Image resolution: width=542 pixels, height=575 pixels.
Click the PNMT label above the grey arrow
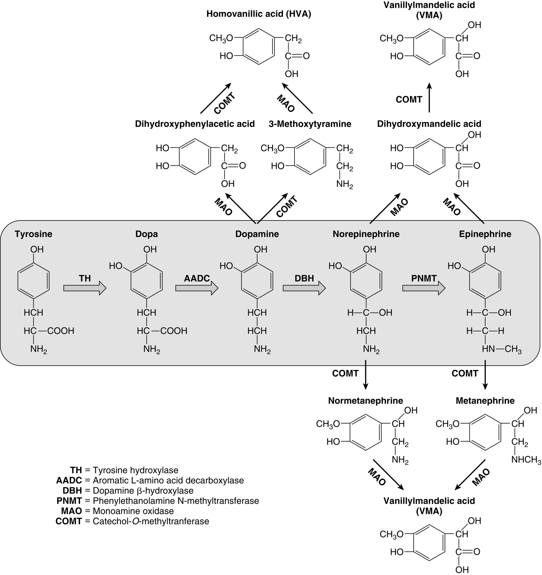click(x=424, y=278)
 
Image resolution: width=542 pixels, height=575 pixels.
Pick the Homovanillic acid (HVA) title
click(x=259, y=14)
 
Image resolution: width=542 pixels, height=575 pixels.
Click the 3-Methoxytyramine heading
click(x=310, y=124)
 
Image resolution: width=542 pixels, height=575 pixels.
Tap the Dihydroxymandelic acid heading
click(x=429, y=124)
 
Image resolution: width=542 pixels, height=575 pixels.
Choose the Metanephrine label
click(x=485, y=401)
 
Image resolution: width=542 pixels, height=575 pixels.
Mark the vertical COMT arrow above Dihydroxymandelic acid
click(x=429, y=98)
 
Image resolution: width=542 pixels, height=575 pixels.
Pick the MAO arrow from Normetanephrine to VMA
click(x=388, y=474)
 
